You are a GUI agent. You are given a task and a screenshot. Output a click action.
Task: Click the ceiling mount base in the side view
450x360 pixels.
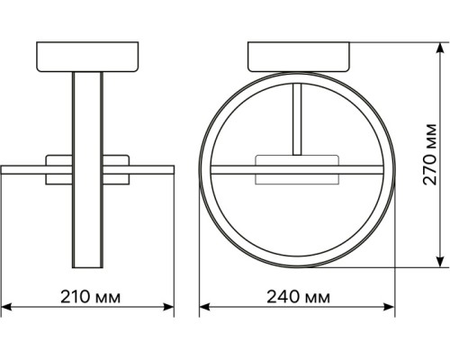point(89,57)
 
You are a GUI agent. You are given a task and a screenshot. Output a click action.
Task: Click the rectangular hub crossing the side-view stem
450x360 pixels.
point(89,168)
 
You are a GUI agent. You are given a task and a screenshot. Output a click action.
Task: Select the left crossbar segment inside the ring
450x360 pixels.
point(232,168)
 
